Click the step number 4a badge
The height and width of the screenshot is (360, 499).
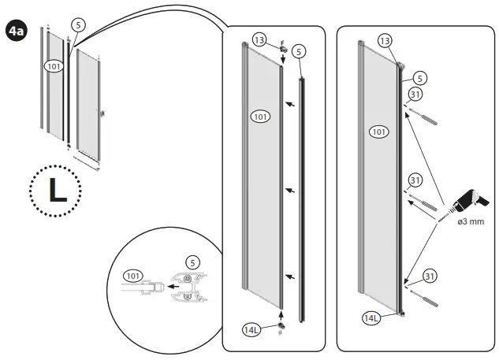click(x=15, y=32)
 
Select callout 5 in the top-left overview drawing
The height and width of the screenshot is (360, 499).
click(x=77, y=24)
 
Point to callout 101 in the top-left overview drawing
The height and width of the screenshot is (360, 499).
click(x=54, y=66)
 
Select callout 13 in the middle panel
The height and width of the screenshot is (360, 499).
click(x=261, y=40)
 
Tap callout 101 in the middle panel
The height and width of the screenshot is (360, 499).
click(x=260, y=117)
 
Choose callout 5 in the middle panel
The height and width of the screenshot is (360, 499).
click(x=298, y=52)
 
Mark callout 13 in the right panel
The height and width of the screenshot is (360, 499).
click(x=385, y=40)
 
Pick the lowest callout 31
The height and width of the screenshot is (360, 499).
click(x=430, y=275)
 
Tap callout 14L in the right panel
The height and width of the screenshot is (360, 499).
click(x=370, y=318)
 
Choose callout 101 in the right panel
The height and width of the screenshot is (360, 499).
click(x=379, y=132)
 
